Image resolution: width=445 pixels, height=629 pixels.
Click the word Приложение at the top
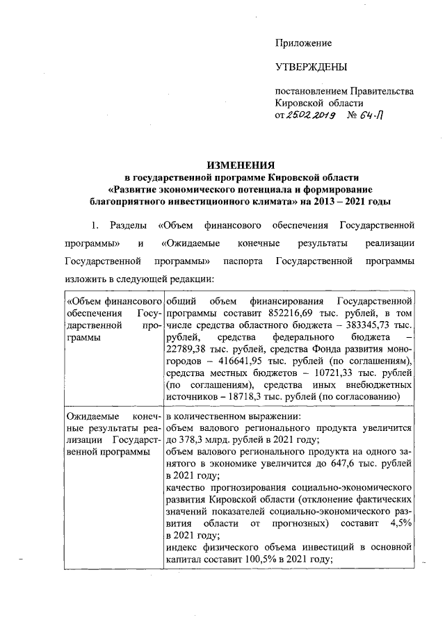click(x=304, y=43)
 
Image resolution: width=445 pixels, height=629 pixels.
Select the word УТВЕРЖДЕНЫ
click(x=311, y=67)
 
